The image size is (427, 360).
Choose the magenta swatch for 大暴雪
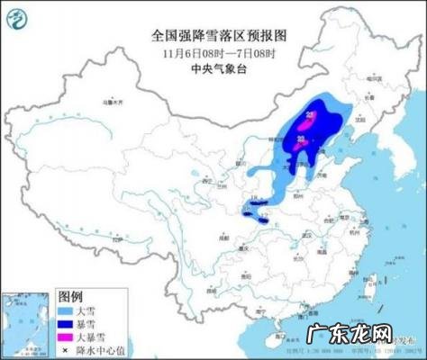coord(65,334)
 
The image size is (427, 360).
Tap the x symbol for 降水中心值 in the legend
coord(65,346)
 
